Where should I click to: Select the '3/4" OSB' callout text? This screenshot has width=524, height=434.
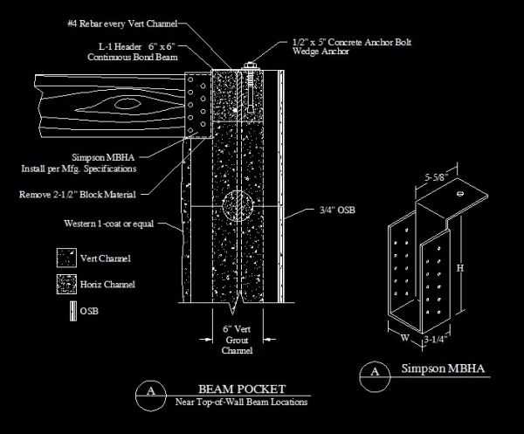[336, 210]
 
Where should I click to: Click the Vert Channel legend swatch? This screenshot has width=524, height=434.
[64, 258]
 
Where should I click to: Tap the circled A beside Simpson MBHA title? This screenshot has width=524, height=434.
[375, 372]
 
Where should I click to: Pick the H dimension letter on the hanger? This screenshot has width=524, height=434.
[459, 270]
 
